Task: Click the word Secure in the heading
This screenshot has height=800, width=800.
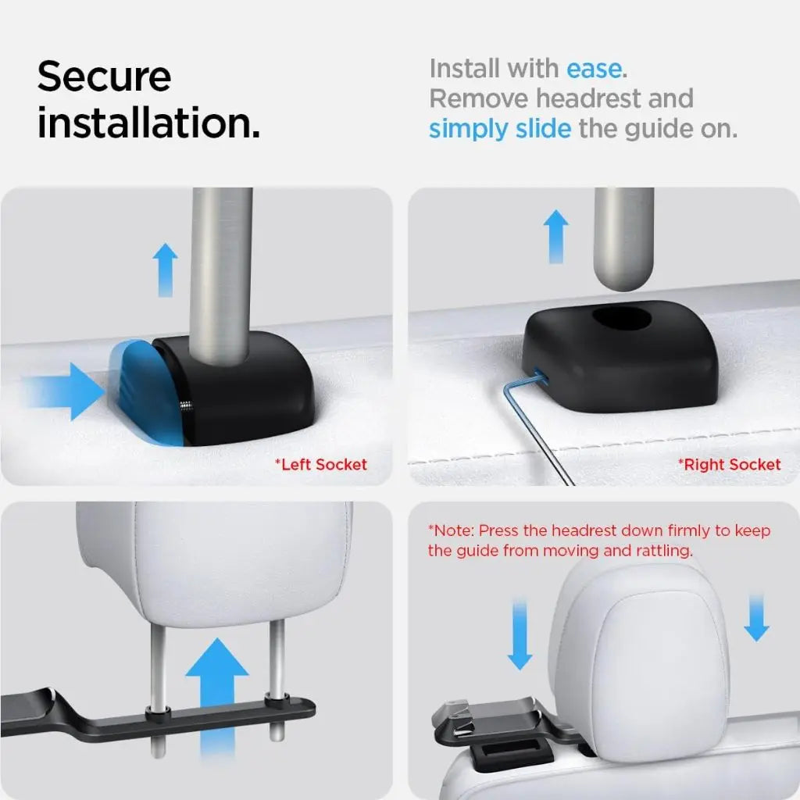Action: point(104,77)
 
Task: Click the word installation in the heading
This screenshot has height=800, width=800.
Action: point(148,124)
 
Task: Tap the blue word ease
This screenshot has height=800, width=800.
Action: point(595,69)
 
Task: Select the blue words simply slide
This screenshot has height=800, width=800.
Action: point(499,128)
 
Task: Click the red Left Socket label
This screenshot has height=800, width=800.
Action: point(320,465)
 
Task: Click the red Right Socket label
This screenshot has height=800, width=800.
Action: point(729,465)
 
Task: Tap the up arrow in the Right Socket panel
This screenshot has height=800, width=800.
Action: point(555,236)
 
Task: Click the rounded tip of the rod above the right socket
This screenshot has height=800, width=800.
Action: point(623,277)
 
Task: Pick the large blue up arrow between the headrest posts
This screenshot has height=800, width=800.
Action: point(216,695)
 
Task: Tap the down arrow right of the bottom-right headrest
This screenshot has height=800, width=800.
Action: point(756,617)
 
